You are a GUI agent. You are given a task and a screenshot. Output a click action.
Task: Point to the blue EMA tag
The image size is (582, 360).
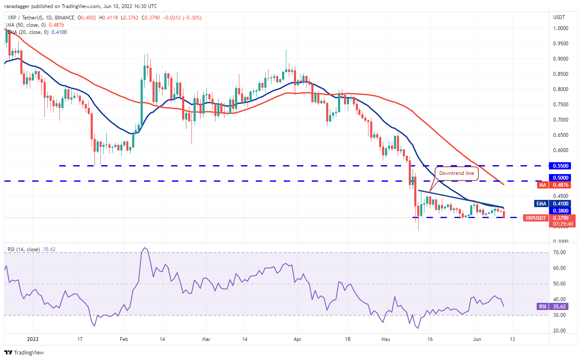[541, 203]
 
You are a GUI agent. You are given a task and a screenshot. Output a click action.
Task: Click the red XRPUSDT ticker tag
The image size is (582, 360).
[535, 218]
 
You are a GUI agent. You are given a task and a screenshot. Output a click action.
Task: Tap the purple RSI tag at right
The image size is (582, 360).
[542, 306]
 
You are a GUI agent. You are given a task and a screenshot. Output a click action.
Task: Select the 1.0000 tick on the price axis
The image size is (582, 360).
[561, 28]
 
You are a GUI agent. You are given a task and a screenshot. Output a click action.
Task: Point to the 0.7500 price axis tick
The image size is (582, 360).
[561, 105]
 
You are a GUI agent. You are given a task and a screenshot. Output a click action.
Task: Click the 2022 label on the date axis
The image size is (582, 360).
[31, 339]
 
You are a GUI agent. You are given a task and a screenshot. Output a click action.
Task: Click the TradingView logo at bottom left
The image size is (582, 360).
[24, 352]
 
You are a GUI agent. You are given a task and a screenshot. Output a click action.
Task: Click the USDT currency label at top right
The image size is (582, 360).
[559, 17]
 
